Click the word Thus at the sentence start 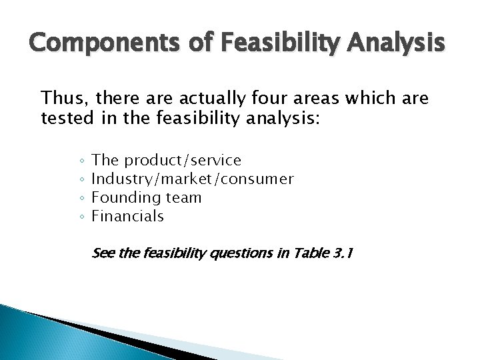pyautogui.click(x=63, y=101)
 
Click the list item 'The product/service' pyautogui.click(x=166, y=161)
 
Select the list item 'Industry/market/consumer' pyautogui.click(x=192, y=179)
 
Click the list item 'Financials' pyautogui.click(x=127, y=216)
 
